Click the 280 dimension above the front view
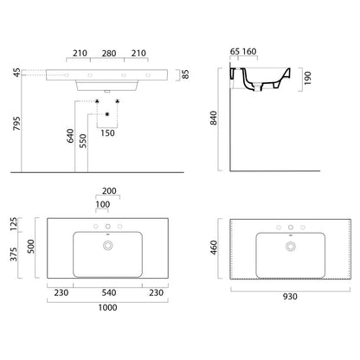tap(109, 54)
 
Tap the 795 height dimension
tap(16, 124)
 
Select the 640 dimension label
tap(70, 136)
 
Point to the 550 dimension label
tap(83, 141)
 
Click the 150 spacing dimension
tap(107, 133)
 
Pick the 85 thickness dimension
tap(186, 74)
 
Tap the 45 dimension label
tap(17, 73)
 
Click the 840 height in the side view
tap(214, 118)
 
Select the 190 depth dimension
tap(308, 78)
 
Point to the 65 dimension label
tap(235, 52)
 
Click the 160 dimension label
tap(249, 52)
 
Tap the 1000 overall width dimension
tap(107, 307)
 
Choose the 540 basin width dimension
tap(109, 292)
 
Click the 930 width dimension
tap(290, 297)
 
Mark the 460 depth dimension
tap(214, 247)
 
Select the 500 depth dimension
tap(30, 247)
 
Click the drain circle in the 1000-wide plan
tap(108, 246)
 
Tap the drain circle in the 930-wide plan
tap(291, 247)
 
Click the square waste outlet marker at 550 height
tap(107, 114)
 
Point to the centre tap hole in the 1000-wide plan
tap(108, 227)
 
